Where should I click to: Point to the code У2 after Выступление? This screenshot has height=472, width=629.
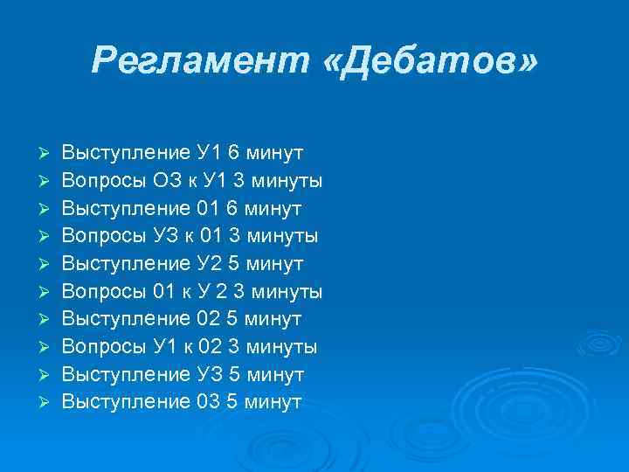210,263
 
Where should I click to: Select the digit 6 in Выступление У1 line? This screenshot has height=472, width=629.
233,153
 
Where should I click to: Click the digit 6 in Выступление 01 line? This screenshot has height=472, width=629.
232,208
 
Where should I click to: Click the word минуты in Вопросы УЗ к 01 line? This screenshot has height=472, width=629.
283,236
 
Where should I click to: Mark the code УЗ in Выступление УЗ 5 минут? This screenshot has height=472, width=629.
211,374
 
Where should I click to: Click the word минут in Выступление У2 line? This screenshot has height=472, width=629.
274,263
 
